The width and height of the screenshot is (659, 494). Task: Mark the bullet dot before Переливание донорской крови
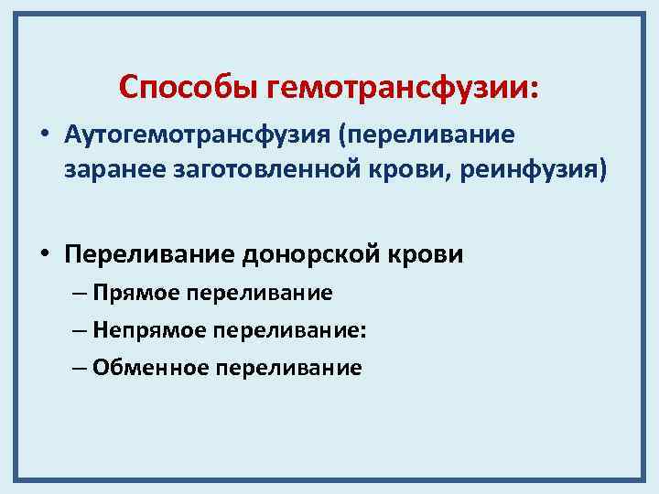coord(44,253)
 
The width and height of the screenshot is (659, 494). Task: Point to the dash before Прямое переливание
coord(77,293)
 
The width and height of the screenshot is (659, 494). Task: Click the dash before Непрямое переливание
coord(77,330)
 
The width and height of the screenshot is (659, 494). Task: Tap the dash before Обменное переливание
coord(77,368)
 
